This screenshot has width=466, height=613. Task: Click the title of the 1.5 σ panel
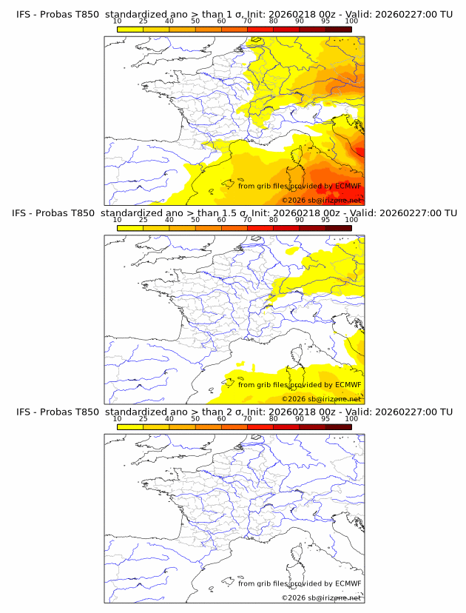[234, 212]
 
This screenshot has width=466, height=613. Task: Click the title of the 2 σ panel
[234, 412]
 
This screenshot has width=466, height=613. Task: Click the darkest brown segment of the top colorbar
[338, 29]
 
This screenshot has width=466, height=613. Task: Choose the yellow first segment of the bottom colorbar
[130, 426]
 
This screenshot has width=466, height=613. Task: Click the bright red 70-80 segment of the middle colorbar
[260, 227]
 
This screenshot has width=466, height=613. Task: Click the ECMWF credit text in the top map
[300, 187]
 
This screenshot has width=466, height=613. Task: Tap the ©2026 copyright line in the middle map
[322, 398]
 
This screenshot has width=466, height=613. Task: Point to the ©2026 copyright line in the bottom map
[322, 597]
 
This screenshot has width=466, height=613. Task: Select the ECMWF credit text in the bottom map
[300, 583]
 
